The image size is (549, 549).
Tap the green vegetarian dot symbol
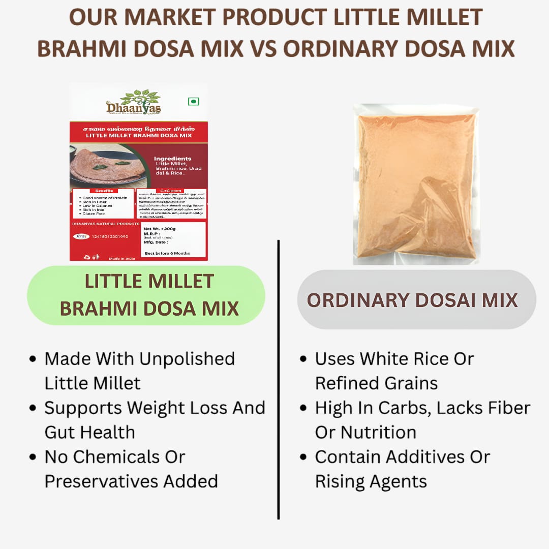point(193,101)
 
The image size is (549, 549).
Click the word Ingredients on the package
point(173,159)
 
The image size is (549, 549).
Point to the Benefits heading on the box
point(103,191)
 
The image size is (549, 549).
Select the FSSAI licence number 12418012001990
point(110,236)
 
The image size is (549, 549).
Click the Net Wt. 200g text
point(160,229)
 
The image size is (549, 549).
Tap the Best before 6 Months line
point(167,253)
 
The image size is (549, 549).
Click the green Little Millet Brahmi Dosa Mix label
point(146,295)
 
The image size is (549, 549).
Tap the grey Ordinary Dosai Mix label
point(413,300)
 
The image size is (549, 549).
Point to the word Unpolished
point(187,359)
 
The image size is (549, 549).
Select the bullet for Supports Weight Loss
point(33,408)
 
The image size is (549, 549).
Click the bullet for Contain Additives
point(303,457)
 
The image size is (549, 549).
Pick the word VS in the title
point(261,49)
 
